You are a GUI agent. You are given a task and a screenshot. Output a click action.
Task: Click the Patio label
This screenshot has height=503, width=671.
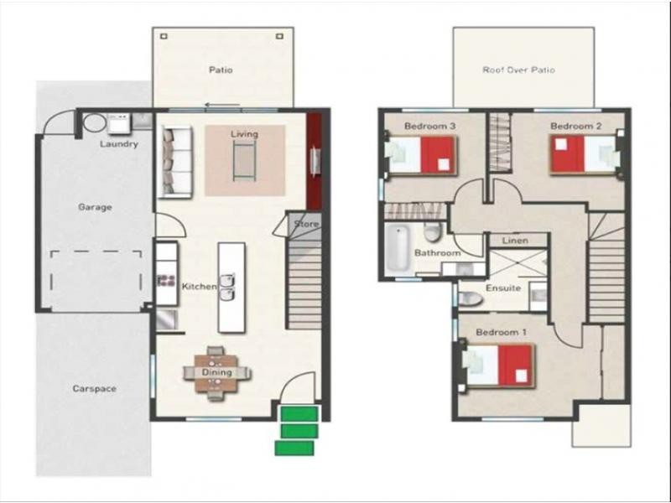(221, 70)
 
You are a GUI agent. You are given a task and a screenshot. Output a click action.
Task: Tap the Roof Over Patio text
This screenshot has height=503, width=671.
(518, 70)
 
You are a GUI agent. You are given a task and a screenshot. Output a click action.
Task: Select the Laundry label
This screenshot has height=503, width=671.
(118, 144)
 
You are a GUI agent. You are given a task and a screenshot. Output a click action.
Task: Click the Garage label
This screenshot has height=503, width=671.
(95, 207)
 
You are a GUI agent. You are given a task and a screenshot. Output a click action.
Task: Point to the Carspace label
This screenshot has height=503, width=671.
(94, 389)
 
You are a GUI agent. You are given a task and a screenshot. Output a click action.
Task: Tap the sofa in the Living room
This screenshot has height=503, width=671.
(177, 161)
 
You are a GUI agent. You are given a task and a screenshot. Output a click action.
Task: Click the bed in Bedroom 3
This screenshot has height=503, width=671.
(424, 156)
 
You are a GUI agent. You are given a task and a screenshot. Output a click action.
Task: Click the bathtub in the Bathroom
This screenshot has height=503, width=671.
(397, 250)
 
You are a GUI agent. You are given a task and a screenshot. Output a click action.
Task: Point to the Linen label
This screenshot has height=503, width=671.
(513, 241)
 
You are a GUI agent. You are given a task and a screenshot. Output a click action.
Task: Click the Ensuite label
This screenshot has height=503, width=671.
(503, 288)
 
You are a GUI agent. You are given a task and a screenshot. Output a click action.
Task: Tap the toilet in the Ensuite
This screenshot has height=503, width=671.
(470, 298)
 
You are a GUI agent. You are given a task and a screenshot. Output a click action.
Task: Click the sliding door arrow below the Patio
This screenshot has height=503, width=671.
(221, 106)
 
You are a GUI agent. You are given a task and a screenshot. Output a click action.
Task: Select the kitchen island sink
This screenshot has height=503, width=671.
(226, 288)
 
